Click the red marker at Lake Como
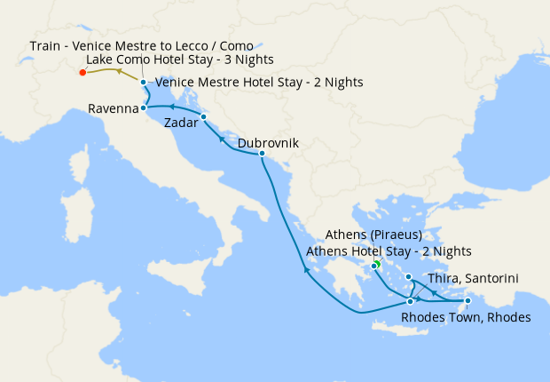82,73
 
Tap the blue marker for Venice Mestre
143,83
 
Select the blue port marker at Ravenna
144,107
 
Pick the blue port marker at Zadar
203,117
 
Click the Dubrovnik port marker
262,154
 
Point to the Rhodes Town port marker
467,301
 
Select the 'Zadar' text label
180,126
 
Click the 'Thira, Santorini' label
473,279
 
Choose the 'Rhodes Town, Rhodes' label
466,317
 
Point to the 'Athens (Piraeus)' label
373,235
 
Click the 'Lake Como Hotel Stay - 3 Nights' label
180,60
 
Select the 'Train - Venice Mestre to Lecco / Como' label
141,44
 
